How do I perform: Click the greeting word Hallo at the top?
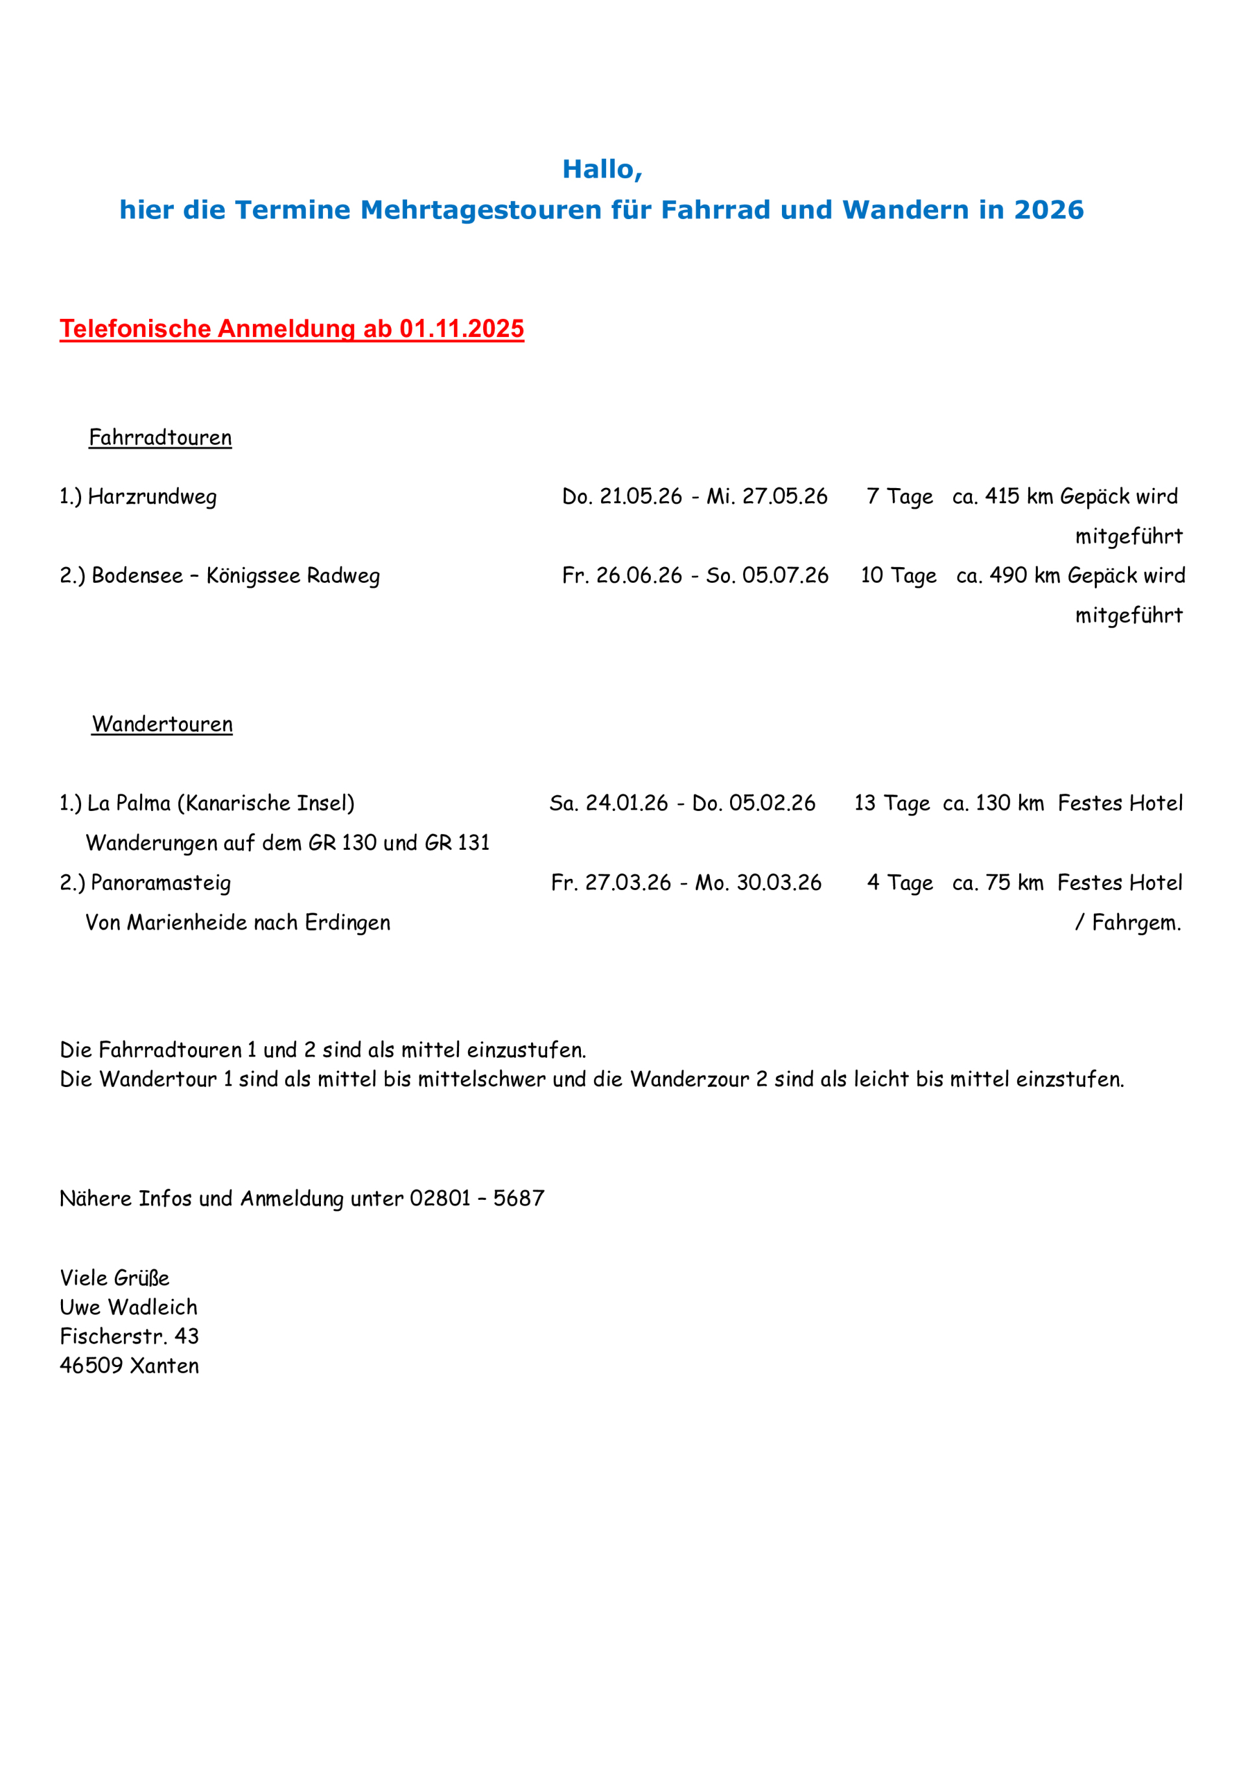[x=600, y=169]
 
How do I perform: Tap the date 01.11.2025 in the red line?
[x=461, y=329]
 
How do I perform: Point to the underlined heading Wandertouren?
[x=161, y=724]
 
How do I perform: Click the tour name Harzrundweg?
[x=152, y=497]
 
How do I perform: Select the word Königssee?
[x=254, y=576]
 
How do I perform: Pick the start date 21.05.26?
[x=641, y=497]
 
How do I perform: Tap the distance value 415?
[x=1002, y=497]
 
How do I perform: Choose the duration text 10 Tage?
[x=898, y=576]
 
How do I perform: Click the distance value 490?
[x=1006, y=576]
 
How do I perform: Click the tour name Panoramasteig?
[x=160, y=883]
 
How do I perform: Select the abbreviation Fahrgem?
[x=1136, y=923]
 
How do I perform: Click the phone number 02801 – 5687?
[x=477, y=1199]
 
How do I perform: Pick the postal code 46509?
[x=91, y=1365]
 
